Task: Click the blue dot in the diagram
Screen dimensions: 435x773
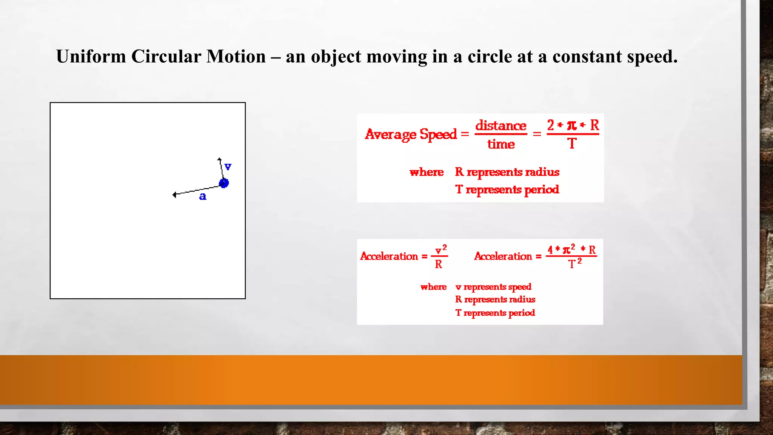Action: (224, 183)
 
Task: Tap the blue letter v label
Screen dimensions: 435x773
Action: (228, 167)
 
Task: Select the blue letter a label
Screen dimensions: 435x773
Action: (203, 196)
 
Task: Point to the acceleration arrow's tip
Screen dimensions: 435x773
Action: (174, 195)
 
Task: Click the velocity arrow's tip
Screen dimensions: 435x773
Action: (219, 159)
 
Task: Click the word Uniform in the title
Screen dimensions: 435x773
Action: (91, 57)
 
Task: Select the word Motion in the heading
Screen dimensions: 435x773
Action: (236, 57)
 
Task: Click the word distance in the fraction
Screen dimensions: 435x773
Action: (500, 125)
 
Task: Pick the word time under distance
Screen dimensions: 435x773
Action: (501, 144)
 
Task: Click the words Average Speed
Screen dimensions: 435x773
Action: (411, 134)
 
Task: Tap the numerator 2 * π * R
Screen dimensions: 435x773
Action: (573, 125)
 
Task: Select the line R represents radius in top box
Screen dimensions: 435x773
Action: (507, 172)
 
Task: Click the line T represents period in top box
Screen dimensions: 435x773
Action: (507, 189)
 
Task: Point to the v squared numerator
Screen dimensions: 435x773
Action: (440, 250)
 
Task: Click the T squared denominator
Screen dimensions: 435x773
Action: (574, 263)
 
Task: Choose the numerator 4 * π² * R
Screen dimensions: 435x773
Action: (571, 249)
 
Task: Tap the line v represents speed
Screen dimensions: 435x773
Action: (493, 287)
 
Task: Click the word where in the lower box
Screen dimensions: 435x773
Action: (433, 287)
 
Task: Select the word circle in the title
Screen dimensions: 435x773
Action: (490, 57)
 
